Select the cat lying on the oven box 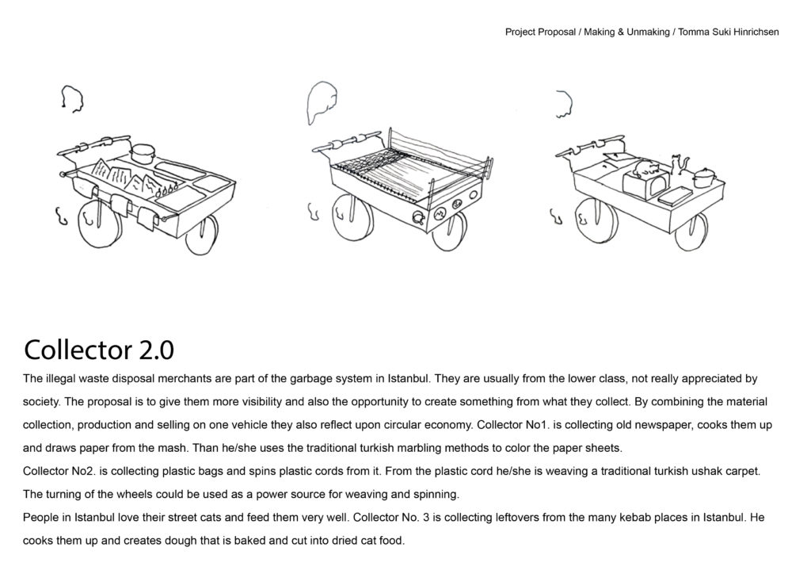644,170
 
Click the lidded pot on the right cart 704,179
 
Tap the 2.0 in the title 156,349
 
